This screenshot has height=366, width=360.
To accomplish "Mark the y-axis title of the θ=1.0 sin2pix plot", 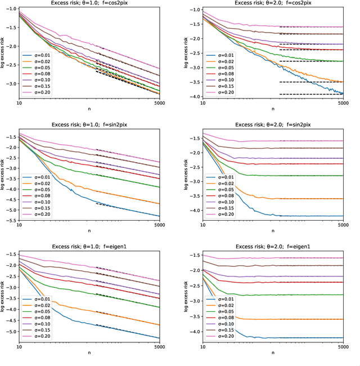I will point(4,175).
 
